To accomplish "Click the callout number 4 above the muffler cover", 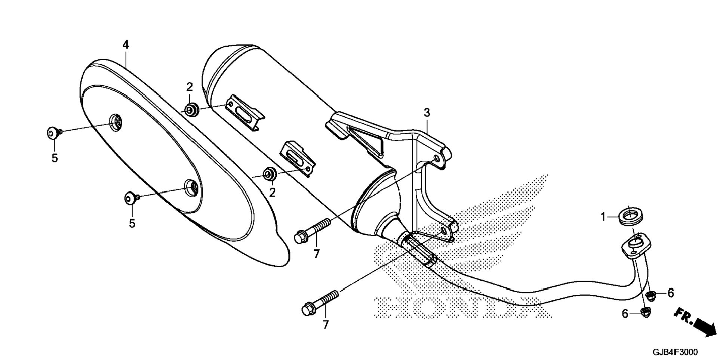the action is tap(126, 45).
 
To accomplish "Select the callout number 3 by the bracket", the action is tap(427, 112).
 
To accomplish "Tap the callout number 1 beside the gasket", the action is tap(602, 217).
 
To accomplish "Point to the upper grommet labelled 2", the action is tap(192, 110).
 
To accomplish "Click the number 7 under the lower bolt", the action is tap(326, 324).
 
